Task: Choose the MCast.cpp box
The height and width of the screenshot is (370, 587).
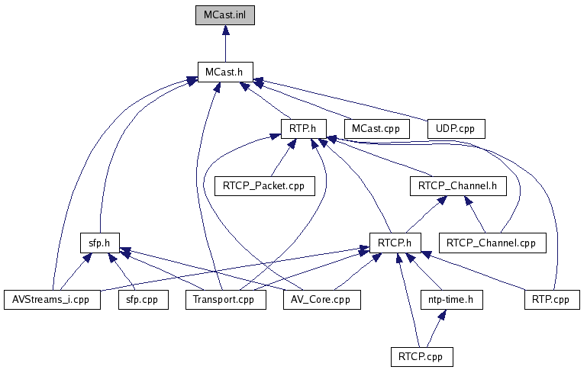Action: click(376, 127)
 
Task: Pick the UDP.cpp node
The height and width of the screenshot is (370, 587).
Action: click(455, 127)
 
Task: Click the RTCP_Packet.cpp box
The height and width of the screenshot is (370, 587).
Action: click(264, 185)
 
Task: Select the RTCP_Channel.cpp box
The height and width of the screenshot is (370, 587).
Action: click(492, 243)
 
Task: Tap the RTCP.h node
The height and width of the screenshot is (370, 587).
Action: click(395, 243)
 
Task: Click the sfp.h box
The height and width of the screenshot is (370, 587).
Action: click(102, 243)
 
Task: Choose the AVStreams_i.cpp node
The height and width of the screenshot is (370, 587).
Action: click(51, 300)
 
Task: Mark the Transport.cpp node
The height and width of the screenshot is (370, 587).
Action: click(225, 300)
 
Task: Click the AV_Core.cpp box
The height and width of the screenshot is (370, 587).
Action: click(321, 300)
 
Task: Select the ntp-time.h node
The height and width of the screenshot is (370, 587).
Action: click(451, 300)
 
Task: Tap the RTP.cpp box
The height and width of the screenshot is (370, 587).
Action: click(551, 300)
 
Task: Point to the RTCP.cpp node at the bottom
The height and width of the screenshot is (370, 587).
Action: click(419, 356)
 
